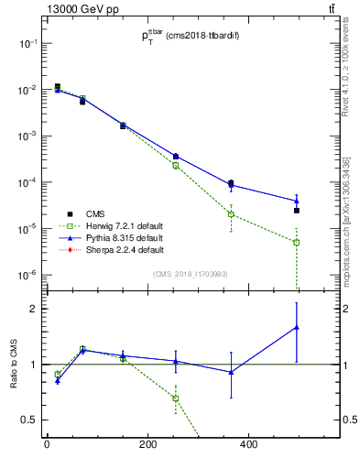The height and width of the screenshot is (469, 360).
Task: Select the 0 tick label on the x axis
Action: (47, 446)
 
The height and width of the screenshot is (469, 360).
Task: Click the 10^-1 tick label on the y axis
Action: (27, 44)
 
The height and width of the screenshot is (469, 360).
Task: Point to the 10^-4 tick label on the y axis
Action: (27, 182)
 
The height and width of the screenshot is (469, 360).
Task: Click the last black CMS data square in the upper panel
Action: (297, 211)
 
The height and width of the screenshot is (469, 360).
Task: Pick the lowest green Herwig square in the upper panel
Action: (297, 243)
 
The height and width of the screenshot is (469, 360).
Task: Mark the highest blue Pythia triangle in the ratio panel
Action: (297, 327)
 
